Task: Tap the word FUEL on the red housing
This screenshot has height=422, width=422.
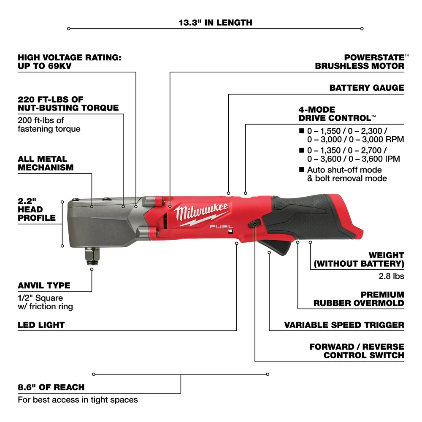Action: tap(219, 226)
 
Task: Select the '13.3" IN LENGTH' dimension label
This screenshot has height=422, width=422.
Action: tap(215, 22)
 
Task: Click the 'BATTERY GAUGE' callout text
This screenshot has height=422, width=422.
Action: tap(366, 88)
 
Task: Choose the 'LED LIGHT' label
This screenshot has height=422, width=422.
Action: tap(41, 325)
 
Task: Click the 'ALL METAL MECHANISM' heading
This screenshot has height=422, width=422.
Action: tap(46, 163)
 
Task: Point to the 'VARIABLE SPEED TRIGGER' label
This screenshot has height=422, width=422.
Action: tap(344, 325)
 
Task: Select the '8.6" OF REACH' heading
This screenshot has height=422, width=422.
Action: tap(51, 387)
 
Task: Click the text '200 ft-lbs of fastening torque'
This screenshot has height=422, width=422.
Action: tap(49, 124)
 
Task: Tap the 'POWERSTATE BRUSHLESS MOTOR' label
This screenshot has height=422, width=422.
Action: tap(360, 61)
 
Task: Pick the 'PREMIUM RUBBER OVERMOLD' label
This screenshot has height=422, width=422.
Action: tap(359, 299)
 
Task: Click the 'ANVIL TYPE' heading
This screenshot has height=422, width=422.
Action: tap(44, 286)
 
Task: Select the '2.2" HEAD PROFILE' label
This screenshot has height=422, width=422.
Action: tap(37, 209)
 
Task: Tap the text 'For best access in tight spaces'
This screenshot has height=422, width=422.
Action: tap(78, 399)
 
